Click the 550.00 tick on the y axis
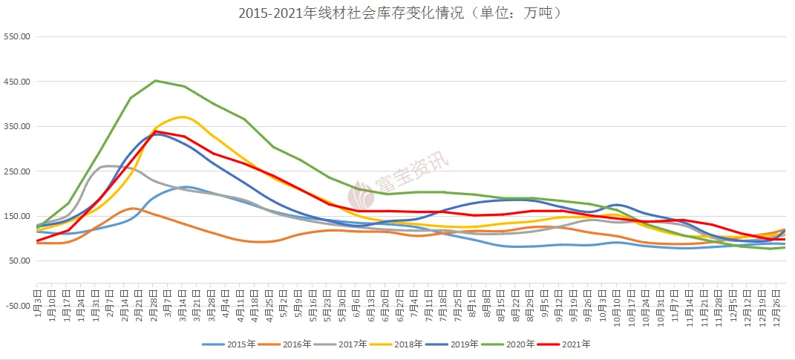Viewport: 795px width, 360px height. tap(16, 36)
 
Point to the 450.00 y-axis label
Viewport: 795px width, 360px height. tap(16, 82)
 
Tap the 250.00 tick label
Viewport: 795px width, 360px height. tap(16, 171)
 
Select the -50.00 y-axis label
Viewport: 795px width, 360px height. tap(16, 306)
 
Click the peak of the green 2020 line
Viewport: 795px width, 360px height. tap(156, 80)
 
